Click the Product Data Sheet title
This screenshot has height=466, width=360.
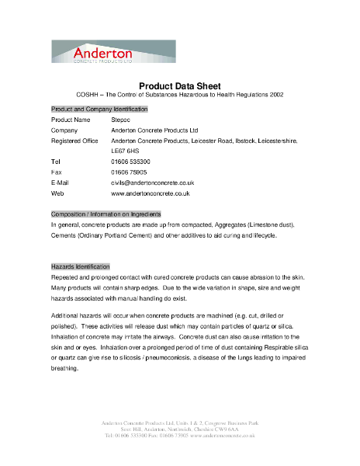pos(179,85)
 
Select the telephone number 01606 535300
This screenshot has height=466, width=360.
pos(136,161)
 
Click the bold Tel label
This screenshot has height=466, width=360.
pos(56,161)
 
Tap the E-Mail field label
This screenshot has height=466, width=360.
pos(60,182)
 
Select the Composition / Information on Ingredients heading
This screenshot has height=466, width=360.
pos(106,214)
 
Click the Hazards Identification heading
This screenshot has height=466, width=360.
pos(81,266)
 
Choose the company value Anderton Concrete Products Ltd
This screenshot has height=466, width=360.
pos(155,130)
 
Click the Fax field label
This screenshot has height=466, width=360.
pos(56,172)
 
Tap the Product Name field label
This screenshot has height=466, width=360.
pos(71,120)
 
